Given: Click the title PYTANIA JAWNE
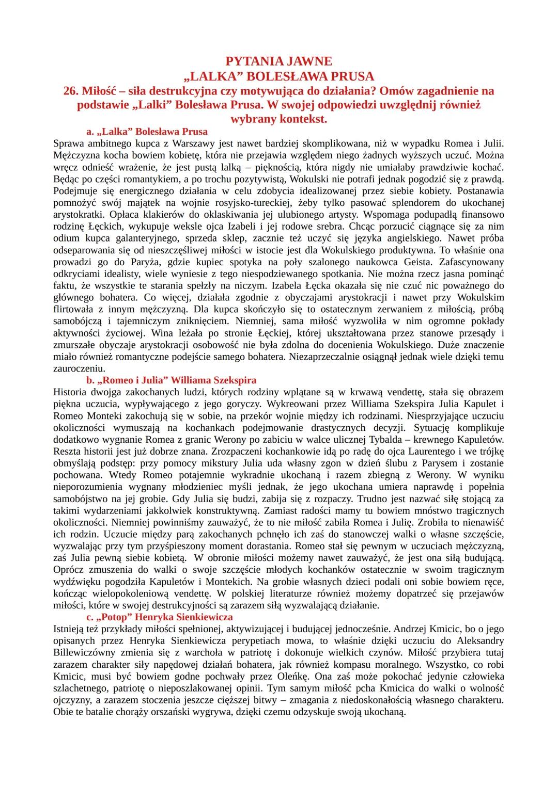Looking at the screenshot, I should [x=279, y=61].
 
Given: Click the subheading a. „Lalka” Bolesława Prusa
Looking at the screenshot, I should [x=147, y=131].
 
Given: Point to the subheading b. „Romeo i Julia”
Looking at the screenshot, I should [x=172, y=380].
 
